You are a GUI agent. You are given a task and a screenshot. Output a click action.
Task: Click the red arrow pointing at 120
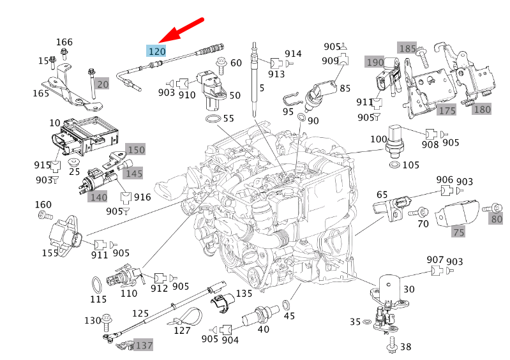click(181, 31)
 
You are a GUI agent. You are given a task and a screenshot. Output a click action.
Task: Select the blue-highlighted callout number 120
click(156, 51)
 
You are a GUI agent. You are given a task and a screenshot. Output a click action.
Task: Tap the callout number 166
click(64, 42)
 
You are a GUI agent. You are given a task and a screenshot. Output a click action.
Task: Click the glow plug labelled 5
click(253, 80)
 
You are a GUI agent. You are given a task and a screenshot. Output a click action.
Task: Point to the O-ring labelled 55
click(213, 119)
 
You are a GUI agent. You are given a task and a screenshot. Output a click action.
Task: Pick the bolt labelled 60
click(221, 65)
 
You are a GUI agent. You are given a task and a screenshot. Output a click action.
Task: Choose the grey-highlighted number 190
click(375, 62)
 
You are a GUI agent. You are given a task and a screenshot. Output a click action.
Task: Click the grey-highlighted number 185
click(407, 48)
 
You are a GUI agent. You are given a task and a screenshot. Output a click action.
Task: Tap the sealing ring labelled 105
click(394, 165)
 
